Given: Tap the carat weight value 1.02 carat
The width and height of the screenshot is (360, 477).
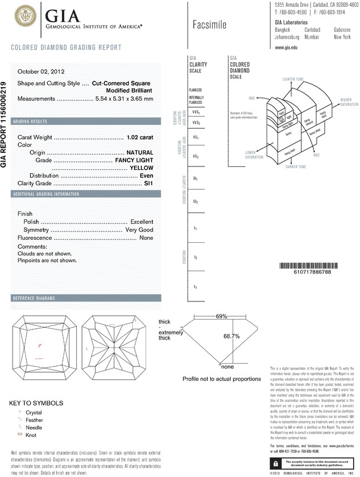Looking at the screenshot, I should (140, 137).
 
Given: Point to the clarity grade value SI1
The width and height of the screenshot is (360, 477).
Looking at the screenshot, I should (149, 184).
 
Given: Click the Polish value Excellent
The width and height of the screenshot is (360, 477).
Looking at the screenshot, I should (142, 221).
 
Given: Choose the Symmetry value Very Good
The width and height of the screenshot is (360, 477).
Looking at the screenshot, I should (139, 229).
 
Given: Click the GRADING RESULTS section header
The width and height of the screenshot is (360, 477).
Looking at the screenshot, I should (32, 122).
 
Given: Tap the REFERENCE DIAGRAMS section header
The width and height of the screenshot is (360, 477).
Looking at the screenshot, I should (34, 299).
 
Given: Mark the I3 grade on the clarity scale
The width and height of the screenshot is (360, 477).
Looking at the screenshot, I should (195, 286).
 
